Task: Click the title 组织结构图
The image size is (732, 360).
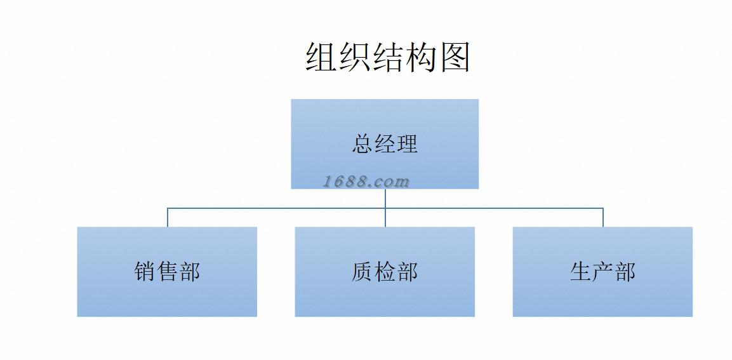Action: pyautogui.click(x=387, y=57)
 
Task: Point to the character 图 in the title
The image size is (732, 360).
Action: pyautogui.click(x=455, y=57)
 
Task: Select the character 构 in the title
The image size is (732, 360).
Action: pyautogui.click(x=422, y=57)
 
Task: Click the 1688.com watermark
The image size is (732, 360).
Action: pyautogui.click(x=366, y=182)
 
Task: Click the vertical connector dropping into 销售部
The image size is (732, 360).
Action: pyautogui.click(x=168, y=217)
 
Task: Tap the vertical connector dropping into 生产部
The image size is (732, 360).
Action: pyautogui.click(x=603, y=217)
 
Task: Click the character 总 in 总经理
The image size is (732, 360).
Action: pyautogui.click(x=363, y=143)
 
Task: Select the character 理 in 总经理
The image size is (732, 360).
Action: pyautogui.click(x=407, y=143)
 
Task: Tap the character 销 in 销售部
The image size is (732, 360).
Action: pyautogui.click(x=145, y=272)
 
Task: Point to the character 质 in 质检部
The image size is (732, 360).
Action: pyautogui.click(x=363, y=272)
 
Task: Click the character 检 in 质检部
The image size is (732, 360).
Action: pyautogui.click(x=385, y=272)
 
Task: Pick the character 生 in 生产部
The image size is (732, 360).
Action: pyautogui.click(x=580, y=272)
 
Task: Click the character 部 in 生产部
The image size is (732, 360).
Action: pyautogui.click(x=625, y=272)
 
